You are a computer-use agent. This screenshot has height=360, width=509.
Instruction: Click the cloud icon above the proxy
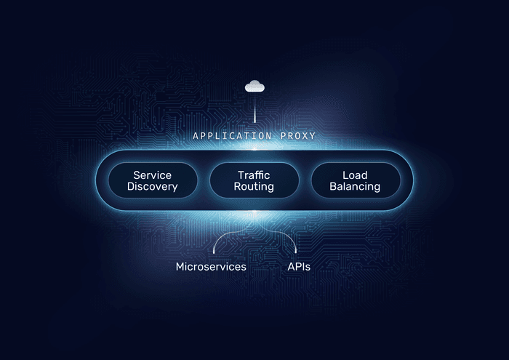click(x=254, y=87)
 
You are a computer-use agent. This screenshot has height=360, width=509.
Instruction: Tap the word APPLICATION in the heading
click(x=232, y=136)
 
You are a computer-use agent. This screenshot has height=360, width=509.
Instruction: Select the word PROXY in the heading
click(x=298, y=136)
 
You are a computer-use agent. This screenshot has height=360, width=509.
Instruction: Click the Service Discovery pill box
click(x=153, y=180)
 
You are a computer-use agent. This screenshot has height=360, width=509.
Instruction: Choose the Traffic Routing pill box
click(x=254, y=180)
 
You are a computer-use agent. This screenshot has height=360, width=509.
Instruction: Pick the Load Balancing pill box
click(x=356, y=180)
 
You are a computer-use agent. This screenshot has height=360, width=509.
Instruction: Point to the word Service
click(x=152, y=175)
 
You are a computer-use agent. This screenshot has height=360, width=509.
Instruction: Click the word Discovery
click(x=152, y=187)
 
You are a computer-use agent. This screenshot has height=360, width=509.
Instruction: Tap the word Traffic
click(x=254, y=175)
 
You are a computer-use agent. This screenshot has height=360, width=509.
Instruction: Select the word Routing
click(x=254, y=187)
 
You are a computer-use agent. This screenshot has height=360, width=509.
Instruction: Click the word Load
click(x=355, y=175)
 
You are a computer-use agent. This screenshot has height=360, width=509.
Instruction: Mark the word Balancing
click(x=355, y=187)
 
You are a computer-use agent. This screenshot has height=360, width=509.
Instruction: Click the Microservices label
click(x=211, y=267)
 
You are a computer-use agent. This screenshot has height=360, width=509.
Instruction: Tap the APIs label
click(x=299, y=267)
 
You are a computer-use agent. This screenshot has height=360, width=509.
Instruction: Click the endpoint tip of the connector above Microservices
click(x=214, y=252)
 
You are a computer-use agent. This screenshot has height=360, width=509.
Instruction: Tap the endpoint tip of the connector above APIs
click(x=296, y=252)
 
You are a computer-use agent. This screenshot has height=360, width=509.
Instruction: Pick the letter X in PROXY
click(x=304, y=136)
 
